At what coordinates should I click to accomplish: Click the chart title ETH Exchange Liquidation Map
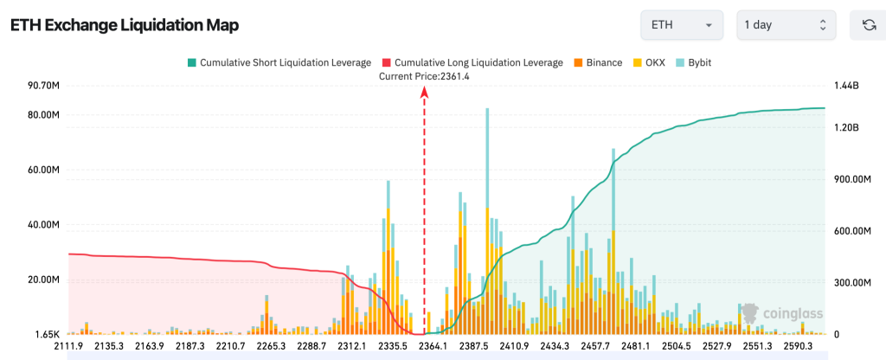(x=124, y=25)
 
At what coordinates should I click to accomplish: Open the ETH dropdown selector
(x=681, y=25)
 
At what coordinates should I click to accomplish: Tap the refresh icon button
(x=869, y=25)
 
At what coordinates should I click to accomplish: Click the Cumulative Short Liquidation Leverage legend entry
(x=279, y=62)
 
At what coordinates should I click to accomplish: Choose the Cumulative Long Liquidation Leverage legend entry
(x=472, y=62)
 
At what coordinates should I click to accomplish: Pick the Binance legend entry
(x=597, y=62)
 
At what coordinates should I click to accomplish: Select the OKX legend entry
(x=649, y=62)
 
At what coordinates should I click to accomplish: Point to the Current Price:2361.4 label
(x=424, y=76)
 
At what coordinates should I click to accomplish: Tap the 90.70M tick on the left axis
(x=43, y=86)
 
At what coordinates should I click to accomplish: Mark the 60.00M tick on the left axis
(x=43, y=170)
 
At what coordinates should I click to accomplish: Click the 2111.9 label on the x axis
(x=68, y=346)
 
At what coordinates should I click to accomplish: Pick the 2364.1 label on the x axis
(x=433, y=346)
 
